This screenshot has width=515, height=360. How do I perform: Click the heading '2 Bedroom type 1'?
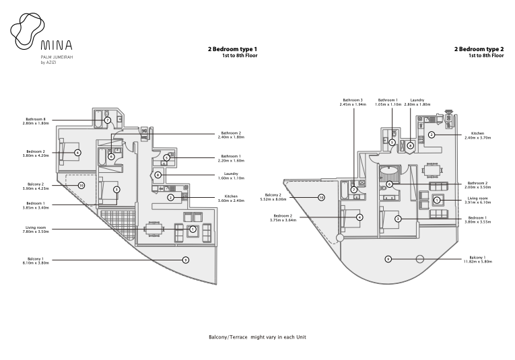pyautogui.click(x=232, y=49)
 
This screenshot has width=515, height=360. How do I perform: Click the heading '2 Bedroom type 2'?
pyautogui.click(x=479, y=49)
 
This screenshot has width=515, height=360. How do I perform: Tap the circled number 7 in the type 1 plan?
pyautogui.click(x=107, y=120)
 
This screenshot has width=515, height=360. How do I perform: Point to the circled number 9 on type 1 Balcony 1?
pyautogui.click(x=185, y=259)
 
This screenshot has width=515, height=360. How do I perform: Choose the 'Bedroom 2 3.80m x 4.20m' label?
pyautogui.click(x=36, y=153)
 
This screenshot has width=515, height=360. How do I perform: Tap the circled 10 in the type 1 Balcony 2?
pyautogui.click(x=81, y=185)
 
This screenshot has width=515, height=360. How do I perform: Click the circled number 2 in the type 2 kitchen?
pyautogui.click(x=431, y=135)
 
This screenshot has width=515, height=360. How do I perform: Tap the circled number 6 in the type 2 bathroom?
pyautogui.click(x=389, y=184)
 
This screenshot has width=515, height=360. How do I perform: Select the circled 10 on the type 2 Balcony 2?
pyautogui.click(x=321, y=198)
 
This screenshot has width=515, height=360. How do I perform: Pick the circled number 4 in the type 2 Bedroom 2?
pyautogui.click(x=359, y=217)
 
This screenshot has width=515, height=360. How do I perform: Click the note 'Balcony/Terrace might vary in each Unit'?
pyautogui.click(x=257, y=336)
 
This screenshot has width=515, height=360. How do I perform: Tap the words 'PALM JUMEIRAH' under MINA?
pyautogui.click(x=55, y=58)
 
